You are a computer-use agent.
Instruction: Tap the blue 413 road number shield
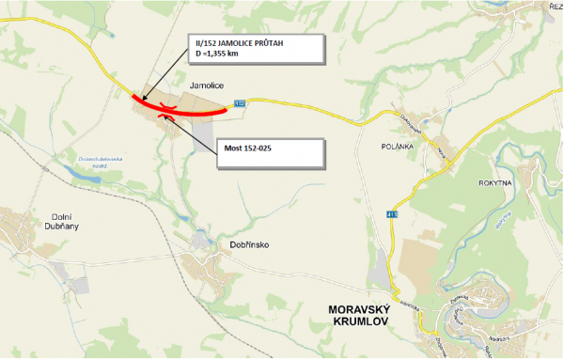392,214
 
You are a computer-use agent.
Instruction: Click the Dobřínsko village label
250,245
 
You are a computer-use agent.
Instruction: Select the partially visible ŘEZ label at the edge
556,7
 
